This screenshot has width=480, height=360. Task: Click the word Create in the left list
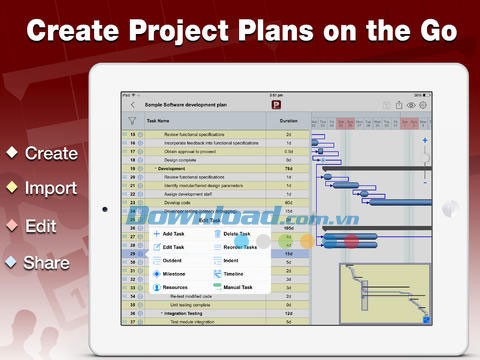coord(51,154)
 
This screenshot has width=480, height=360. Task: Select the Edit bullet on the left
coord(42,225)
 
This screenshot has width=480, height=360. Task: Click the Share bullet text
coord(47,263)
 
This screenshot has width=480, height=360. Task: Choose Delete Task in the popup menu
coord(237,234)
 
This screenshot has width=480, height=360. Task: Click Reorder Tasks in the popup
coord(240,247)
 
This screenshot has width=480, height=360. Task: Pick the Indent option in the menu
coord(232,259)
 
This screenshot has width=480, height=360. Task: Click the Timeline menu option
coord(234,272)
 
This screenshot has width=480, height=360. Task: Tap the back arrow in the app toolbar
coord(132,104)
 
